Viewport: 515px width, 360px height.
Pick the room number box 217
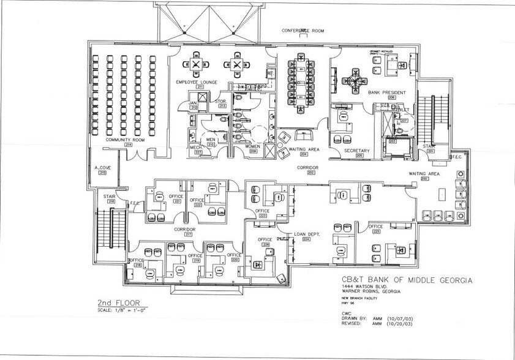pos(188,234)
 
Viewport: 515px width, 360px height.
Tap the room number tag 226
pos(265,245)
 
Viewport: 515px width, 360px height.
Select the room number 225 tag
pos(376,232)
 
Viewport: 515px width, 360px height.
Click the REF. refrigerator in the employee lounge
pos(271,75)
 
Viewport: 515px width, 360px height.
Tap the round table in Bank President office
pos(355,78)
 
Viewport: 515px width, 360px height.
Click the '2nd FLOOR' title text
pos(118,302)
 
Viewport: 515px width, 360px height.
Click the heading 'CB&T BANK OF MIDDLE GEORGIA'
pos(406,280)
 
